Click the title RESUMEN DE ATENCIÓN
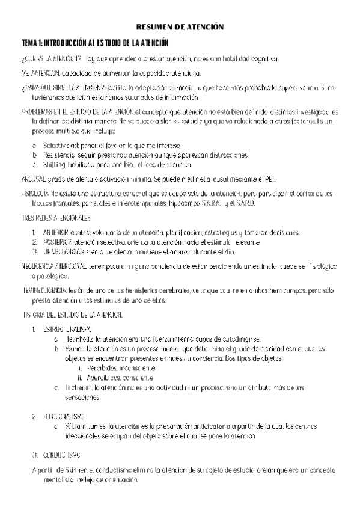pos(180,27)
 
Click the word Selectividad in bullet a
pos(59,146)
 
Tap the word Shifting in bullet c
pos(52,164)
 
